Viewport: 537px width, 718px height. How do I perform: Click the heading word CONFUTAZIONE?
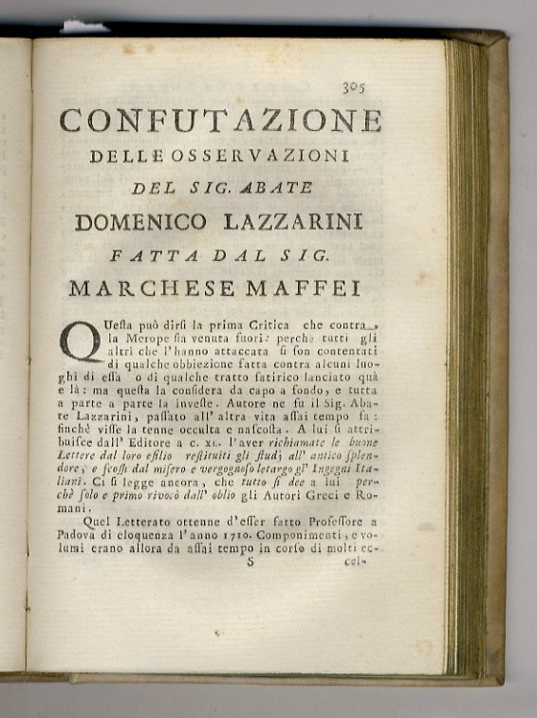[x=220, y=121]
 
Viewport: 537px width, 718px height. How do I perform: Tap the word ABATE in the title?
[x=278, y=188]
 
